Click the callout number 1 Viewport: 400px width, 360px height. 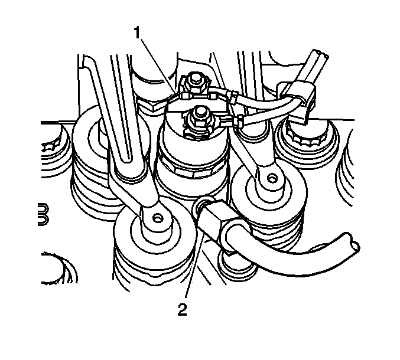[x=137, y=33]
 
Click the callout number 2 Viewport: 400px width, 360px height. [x=182, y=310]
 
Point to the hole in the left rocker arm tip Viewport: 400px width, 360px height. [x=157, y=218]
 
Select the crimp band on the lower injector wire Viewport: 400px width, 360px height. [x=240, y=120]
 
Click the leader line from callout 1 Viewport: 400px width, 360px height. [x=158, y=66]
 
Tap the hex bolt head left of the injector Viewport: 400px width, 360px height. [x=151, y=106]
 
